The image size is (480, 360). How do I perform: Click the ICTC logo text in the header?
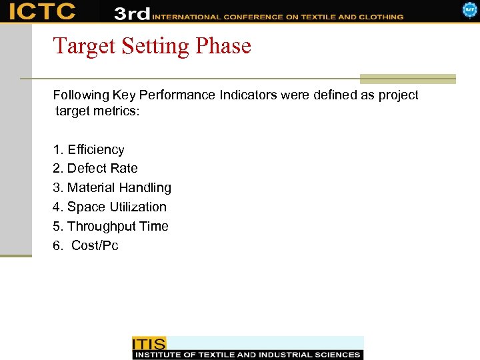point(42,11)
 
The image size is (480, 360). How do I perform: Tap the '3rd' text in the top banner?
point(131,13)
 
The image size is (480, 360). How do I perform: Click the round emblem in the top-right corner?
point(470,9)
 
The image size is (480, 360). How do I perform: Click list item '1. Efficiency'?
point(89,149)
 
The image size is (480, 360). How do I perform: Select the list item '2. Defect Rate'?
point(95,169)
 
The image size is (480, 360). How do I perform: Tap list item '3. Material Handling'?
point(112,188)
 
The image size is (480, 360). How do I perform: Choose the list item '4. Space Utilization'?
point(109,207)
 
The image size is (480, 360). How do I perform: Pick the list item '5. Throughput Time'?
point(111,226)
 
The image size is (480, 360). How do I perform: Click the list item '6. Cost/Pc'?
point(86,245)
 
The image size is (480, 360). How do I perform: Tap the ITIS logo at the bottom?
point(149,343)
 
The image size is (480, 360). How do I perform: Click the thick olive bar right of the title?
point(407,78)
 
